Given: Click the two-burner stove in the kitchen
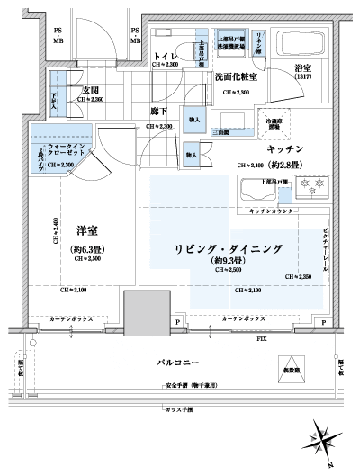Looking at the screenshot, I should pyautogui.click(x=318, y=190).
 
